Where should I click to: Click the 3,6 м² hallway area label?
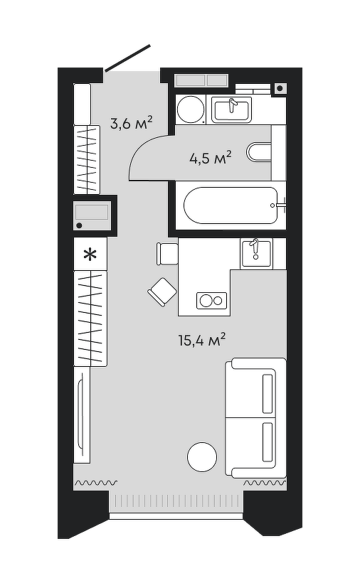(x=132, y=123)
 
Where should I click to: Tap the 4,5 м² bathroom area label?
(x=211, y=158)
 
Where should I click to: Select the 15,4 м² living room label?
(x=202, y=340)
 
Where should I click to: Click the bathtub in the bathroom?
(x=231, y=205)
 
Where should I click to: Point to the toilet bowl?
(x=259, y=152)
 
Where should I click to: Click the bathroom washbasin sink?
(x=231, y=109)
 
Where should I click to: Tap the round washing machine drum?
(x=191, y=109)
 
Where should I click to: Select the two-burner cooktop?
(x=211, y=300)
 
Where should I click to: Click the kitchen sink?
(x=256, y=253)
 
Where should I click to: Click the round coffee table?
(x=202, y=457)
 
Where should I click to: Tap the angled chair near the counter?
(x=162, y=292)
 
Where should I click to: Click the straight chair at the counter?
(x=167, y=254)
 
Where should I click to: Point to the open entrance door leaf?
(x=127, y=58)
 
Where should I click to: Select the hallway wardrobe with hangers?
(x=87, y=159)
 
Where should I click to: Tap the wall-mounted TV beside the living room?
(x=81, y=415)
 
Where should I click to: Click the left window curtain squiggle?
(x=96, y=483)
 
